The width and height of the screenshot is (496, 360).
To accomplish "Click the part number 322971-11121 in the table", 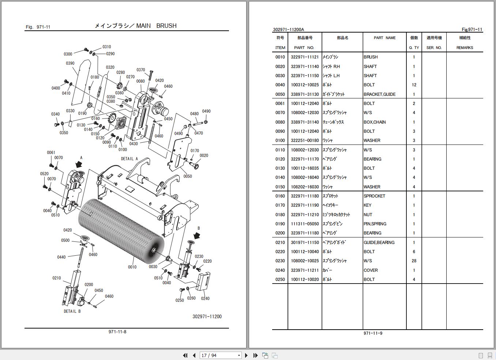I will pos(305,57).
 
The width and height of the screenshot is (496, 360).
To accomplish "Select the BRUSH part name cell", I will pos(371,57).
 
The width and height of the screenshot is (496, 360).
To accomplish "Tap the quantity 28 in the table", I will pos(414,261).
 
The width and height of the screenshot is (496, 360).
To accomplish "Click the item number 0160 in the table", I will pos(280,196).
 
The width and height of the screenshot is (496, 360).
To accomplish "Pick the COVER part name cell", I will pos(371,270).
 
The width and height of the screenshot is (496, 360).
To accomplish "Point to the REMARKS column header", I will pos(465,48).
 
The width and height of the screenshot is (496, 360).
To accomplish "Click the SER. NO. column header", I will pos(434,48).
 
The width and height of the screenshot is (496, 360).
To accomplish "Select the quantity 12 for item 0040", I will pos(414,85).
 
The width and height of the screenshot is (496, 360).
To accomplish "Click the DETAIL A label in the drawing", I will pos(129,159).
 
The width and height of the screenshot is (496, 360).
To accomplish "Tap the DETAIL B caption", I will pos(72,311).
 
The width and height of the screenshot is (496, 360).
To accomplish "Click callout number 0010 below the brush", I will pos(132,267).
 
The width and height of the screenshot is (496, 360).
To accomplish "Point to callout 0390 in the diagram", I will pos(70,63).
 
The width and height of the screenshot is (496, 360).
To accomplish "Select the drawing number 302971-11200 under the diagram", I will pos(207,316).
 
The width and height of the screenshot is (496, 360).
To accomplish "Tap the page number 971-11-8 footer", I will pos(117,332).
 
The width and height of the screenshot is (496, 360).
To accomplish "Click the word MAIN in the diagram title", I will pos(143,26).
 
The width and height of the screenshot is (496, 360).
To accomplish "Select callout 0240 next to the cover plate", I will pos(205,299).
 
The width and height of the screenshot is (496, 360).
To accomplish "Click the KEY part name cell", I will pos(368,205).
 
